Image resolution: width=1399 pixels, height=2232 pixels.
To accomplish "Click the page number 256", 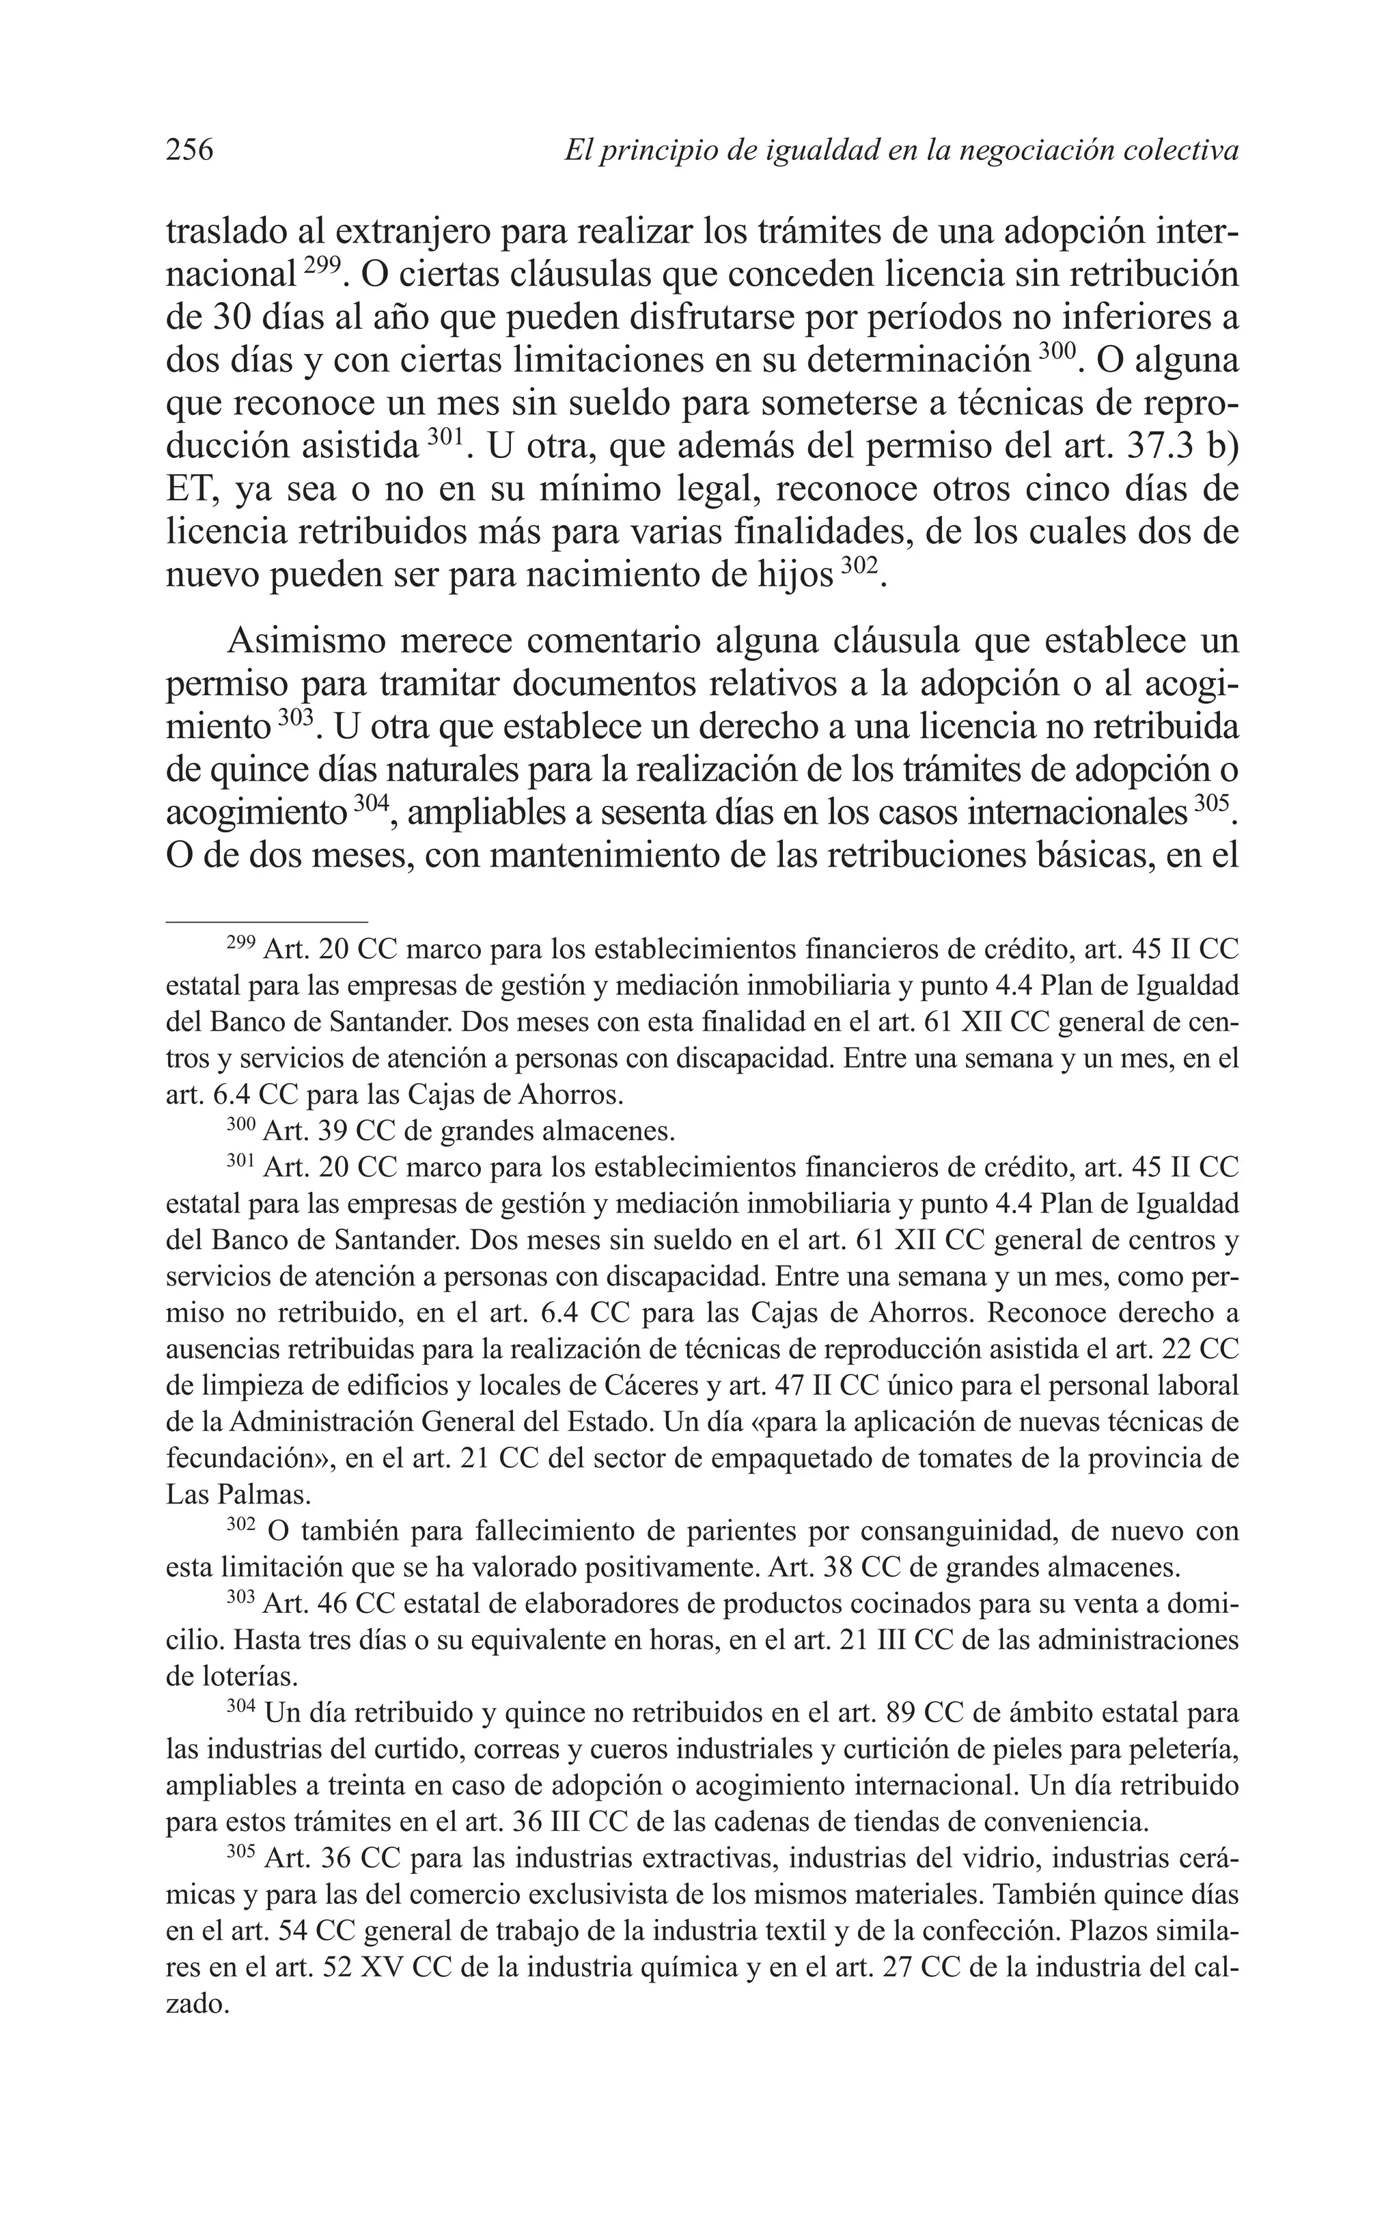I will pyautogui.click(x=190, y=149).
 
